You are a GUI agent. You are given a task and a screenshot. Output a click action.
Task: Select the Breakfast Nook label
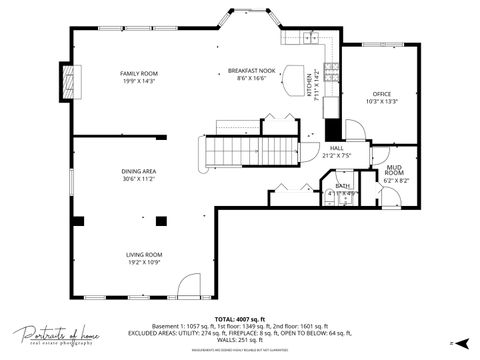point(244,70)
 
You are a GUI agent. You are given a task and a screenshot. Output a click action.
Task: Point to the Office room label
point(382,94)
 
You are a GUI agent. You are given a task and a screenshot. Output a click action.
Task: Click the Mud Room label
point(394,172)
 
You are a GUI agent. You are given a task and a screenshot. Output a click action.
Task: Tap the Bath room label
point(342,186)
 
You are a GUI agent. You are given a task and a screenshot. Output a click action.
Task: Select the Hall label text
point(337,148)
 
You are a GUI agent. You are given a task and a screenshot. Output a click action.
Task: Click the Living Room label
point(144,255)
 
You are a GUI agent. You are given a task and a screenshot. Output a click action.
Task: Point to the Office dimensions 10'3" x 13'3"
point(382,101)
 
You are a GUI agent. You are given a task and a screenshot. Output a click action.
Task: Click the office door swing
point(356,130)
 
